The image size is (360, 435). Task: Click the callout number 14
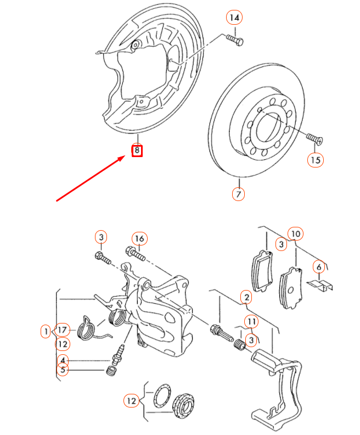(x=234, y=18)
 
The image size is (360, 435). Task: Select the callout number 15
(x=315, y=160)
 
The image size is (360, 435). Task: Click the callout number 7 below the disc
(x=238, y=194)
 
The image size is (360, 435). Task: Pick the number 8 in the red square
(x=137, y=150)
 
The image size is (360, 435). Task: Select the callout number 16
(x=139, y=238)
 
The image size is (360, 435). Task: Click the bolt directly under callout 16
(x=136, y=254)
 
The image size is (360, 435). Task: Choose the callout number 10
(x=295, y=233)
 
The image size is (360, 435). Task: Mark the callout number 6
(x=319, y=266)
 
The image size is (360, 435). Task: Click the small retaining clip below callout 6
(x=320, y=285)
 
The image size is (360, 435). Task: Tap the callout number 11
(x=250, y=321)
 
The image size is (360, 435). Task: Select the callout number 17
(x=63, y=330)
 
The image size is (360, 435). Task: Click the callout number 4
(x=63, y=360)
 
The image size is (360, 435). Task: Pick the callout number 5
(x=63, y=370)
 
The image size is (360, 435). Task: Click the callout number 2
(x=246, y=298)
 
